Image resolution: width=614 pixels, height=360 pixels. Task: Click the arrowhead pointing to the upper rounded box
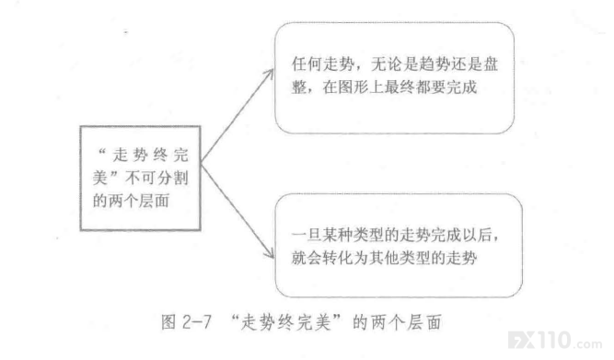pos(270,74)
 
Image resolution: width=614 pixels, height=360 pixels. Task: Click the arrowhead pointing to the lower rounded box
pos(270,253)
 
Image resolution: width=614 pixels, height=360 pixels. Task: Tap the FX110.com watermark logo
pos(554,340)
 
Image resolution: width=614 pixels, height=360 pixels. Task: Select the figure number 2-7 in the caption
pos(197,322)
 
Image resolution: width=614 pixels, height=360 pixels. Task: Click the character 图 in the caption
pos(168,322)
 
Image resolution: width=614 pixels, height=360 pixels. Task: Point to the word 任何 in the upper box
pos(307,64)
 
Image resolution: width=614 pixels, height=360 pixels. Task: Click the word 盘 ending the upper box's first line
pos(491,64)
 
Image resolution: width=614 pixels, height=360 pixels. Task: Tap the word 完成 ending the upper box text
pos(461,87)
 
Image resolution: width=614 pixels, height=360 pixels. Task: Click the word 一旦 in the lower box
pos(307,235)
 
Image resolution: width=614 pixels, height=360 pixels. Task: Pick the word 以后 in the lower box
pos(477,235)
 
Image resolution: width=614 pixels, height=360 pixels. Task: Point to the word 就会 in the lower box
pos(307,258)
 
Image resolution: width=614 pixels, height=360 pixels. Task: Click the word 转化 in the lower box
pos(338,258)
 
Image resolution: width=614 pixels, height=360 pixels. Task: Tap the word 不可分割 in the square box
pos(157,178)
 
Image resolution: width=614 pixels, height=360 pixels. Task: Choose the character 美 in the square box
pos(100,178)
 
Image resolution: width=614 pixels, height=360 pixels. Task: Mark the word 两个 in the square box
pos(123,201)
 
